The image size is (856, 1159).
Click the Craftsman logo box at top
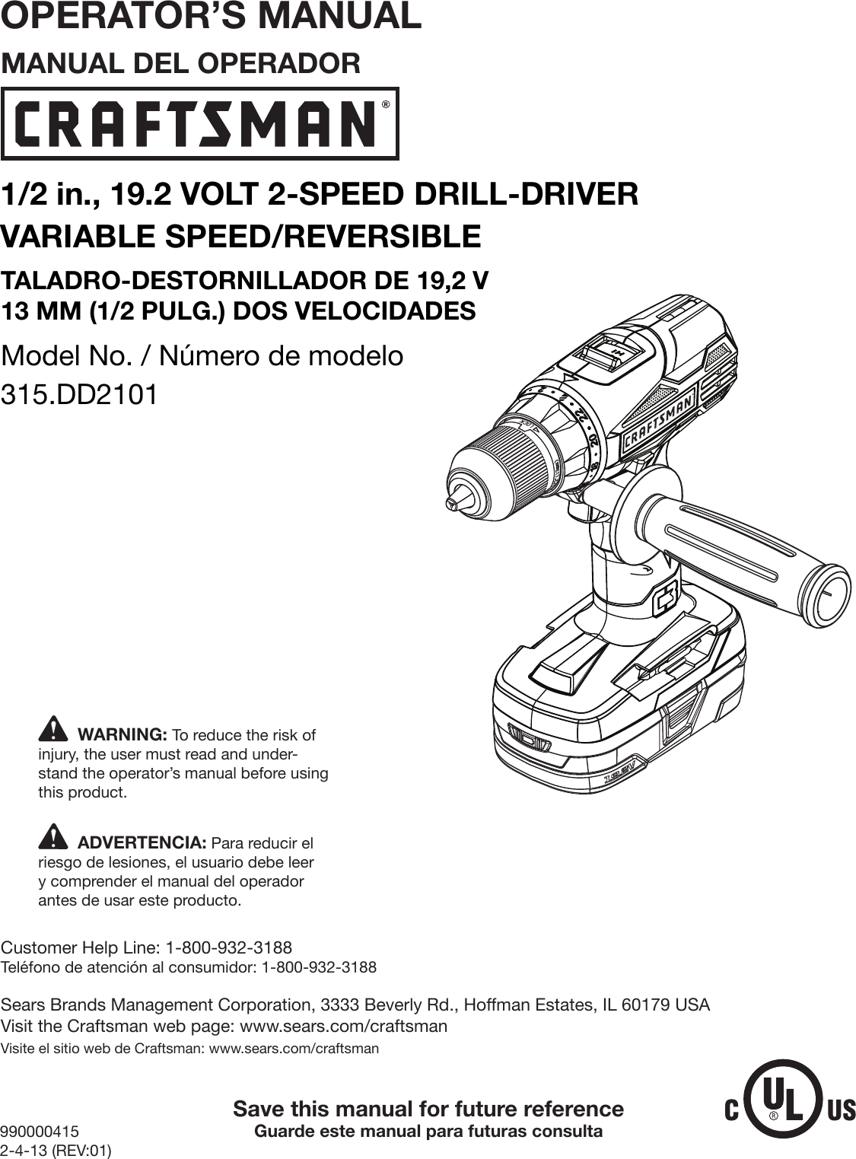(199, 123)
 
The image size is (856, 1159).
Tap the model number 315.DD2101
(80, 395)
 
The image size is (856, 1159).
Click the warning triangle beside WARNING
(52, 730)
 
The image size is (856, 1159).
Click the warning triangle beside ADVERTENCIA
(52, 838)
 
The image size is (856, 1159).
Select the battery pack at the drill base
(616, 708)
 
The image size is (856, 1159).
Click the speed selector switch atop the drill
(609, 351)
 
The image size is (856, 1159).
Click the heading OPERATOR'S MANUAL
(211, 17)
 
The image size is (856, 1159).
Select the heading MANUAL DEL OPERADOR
(181, 63)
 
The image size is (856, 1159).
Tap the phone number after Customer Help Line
(228, 947)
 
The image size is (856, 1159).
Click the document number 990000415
(40, 1132)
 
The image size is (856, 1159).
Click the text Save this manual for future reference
(428, 1109)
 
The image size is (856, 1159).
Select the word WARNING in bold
(123, 735)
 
